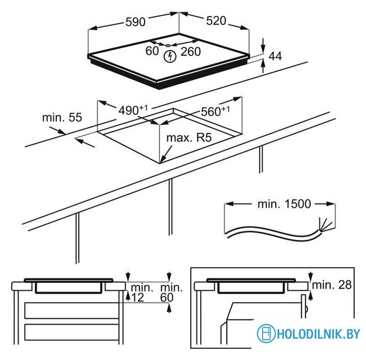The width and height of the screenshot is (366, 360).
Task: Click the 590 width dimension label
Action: tap(135, 22)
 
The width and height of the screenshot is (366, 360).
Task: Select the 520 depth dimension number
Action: tap(215, 21)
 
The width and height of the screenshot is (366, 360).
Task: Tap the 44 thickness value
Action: tap(275, 56)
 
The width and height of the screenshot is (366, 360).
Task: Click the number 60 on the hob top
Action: tap(152, 51)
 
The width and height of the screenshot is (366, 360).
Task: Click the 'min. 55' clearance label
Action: tap(62, 118)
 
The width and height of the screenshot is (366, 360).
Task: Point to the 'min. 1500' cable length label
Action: tap(284, 204)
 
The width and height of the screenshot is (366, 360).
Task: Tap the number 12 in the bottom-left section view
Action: tap(138, 297)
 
